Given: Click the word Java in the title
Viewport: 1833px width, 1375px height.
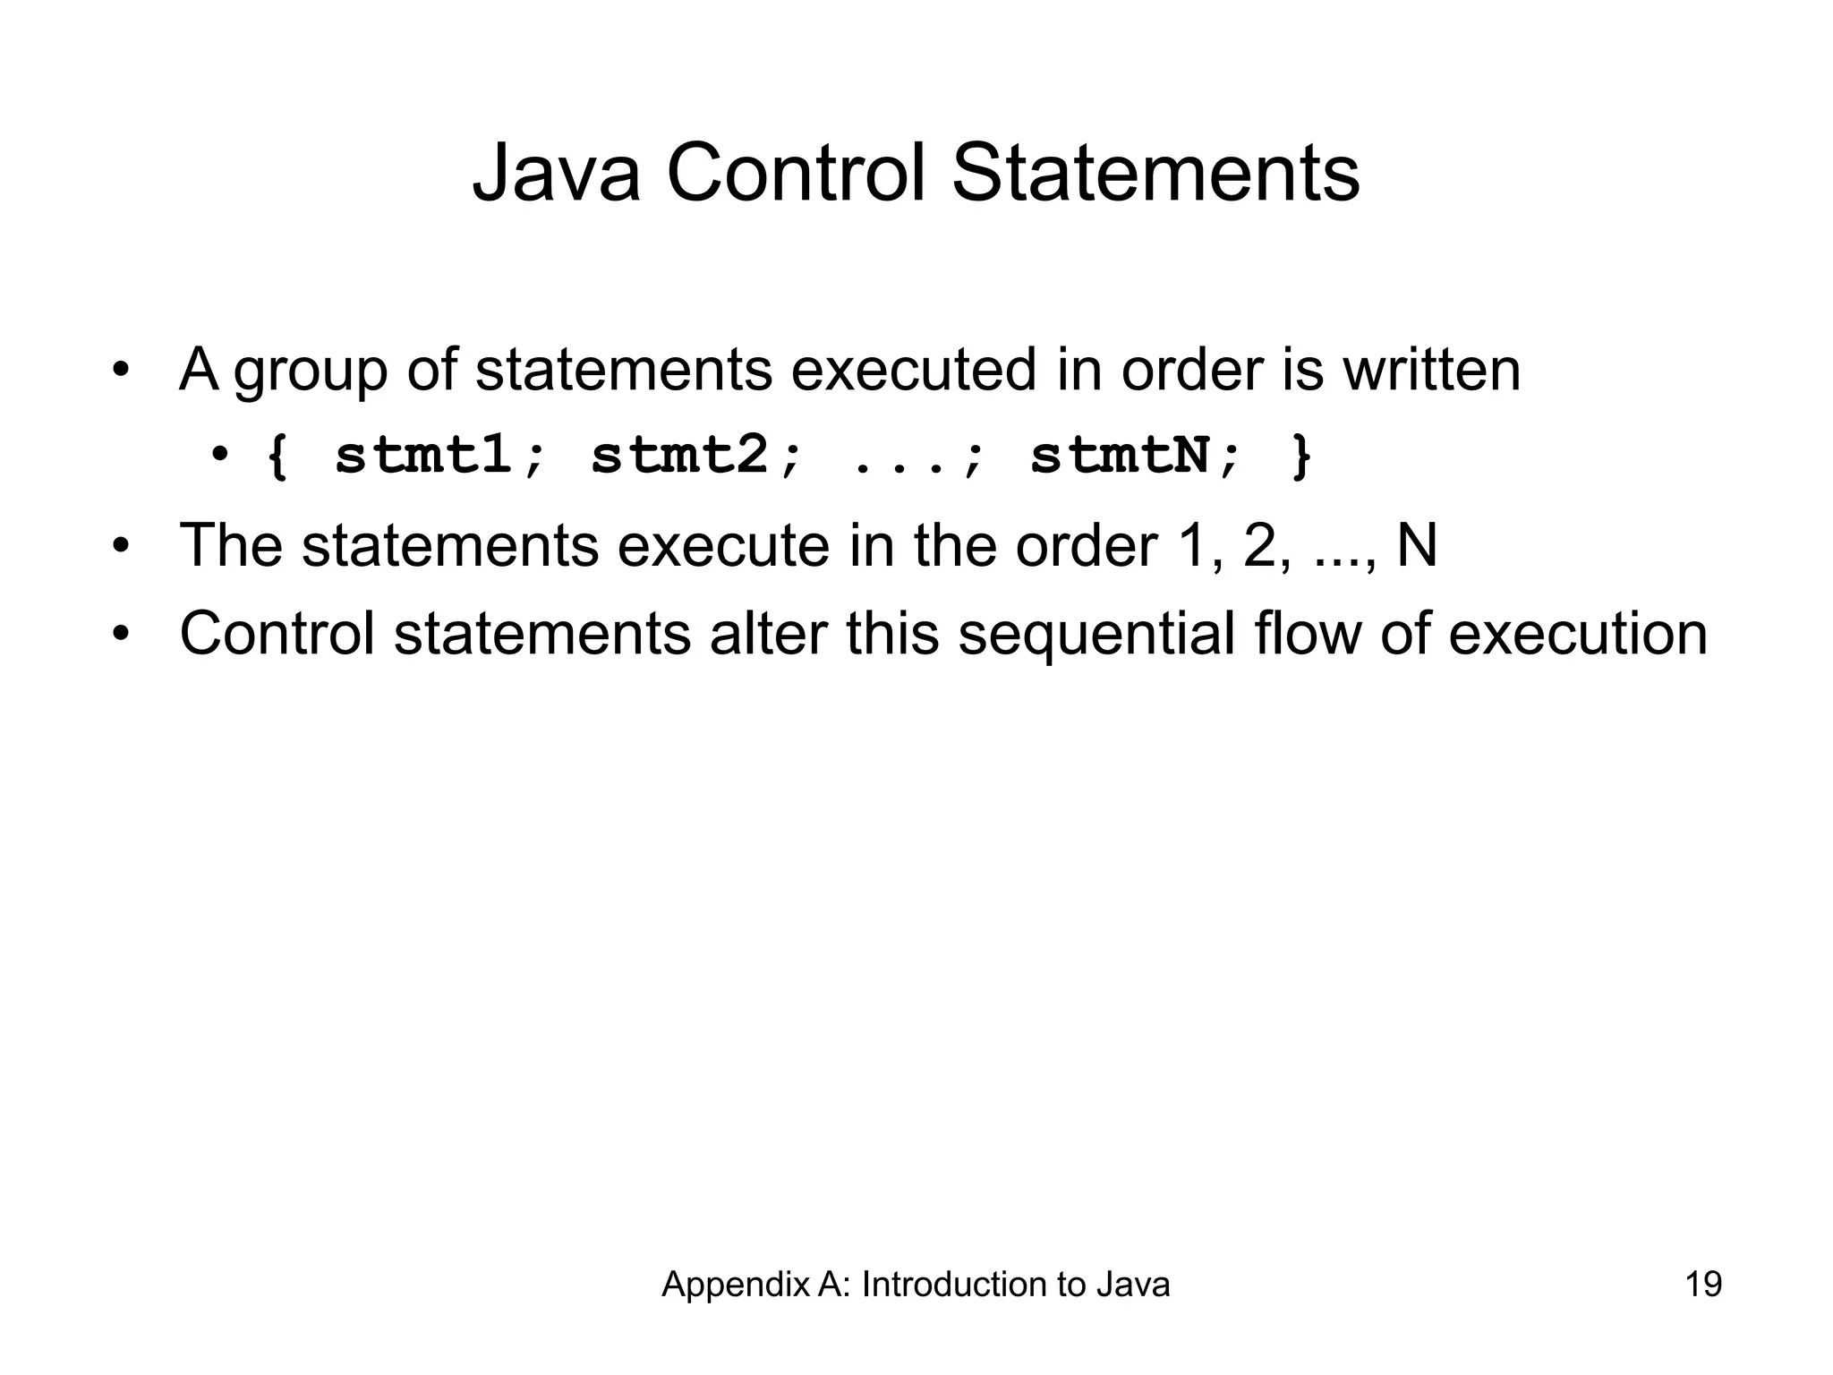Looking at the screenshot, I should coord(556,174).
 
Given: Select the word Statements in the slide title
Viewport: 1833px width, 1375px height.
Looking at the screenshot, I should coord(1155,174).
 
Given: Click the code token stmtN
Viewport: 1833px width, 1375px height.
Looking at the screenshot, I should coord(1121,456).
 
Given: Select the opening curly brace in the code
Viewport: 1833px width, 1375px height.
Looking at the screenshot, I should coord(278,457).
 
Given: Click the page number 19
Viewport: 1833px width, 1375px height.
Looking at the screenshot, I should coord(1703,1285).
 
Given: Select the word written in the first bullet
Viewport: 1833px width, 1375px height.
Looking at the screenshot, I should coord(1431,369).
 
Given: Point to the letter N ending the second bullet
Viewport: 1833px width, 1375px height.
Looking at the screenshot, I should coord(1416,544).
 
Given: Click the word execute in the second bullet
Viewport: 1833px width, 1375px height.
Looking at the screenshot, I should coord(723,544).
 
